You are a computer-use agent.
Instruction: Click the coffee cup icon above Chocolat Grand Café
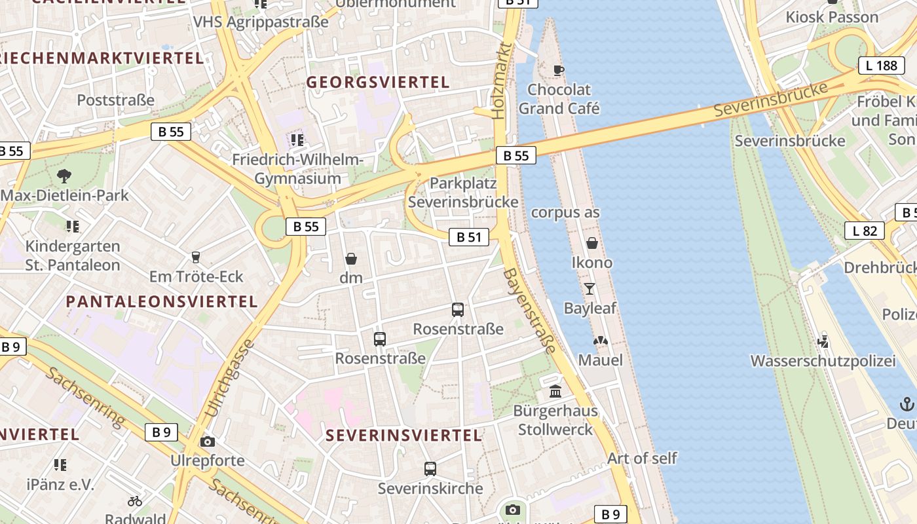[x=558, y=70]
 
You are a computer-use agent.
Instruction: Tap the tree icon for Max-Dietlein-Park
[x=64, y=176]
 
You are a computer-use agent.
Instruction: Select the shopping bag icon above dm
[x=351, y=259]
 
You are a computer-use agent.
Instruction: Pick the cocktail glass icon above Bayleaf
[x=589, y=288]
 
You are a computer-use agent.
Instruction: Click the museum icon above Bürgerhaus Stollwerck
[x=555, y=392]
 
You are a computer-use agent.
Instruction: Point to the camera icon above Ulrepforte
[x=208, y=441]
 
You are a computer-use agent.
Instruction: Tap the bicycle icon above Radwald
[x=135, y=501]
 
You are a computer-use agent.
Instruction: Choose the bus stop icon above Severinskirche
[x=430, y=469]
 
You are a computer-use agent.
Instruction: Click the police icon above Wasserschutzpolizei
[x=823, y=341]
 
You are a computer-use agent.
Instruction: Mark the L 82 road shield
[x=865, y=231]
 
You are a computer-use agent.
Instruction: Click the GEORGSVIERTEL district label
[x=378, y=83]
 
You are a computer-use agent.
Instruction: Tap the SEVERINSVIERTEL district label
[x=403, y=436]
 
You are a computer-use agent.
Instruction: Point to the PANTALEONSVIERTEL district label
[x=162, y=302]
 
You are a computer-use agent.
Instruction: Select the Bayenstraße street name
[x=529, y=310]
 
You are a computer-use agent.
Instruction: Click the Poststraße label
[x=116, y=100]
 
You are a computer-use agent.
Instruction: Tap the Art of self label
[x=642, y=458]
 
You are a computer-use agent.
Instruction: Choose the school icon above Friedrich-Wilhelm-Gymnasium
[x=297, y=140]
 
